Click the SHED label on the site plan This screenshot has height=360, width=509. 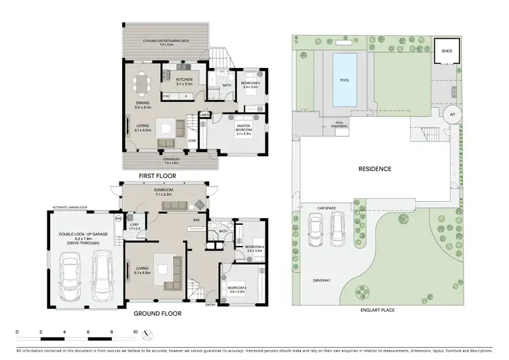coord(447,50)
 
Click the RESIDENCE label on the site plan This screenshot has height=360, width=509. coord(375,168)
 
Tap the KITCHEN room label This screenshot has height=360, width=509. coord(185,80)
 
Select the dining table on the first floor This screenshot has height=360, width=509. coord(143,86)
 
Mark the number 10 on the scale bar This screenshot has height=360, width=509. coord(135,332)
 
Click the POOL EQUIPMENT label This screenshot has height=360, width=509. coord(341,124)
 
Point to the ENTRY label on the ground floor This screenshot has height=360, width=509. coord(210,304)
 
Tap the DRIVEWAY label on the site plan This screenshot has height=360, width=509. coord(322,278)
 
